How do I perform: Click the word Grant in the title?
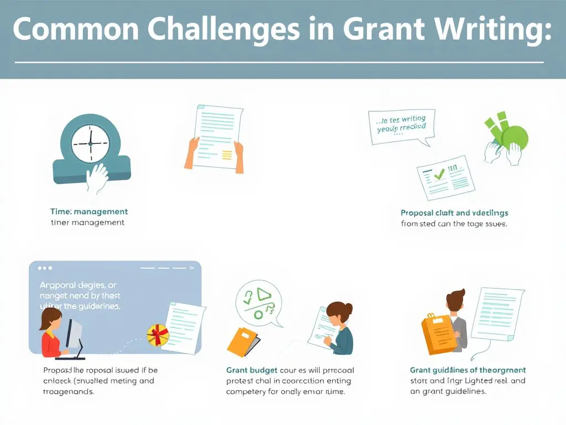[x=380, y=30]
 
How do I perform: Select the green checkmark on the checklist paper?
[x=439, y=174]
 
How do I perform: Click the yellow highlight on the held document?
[x=227, y=156]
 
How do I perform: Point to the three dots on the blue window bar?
[x=45, y=268]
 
